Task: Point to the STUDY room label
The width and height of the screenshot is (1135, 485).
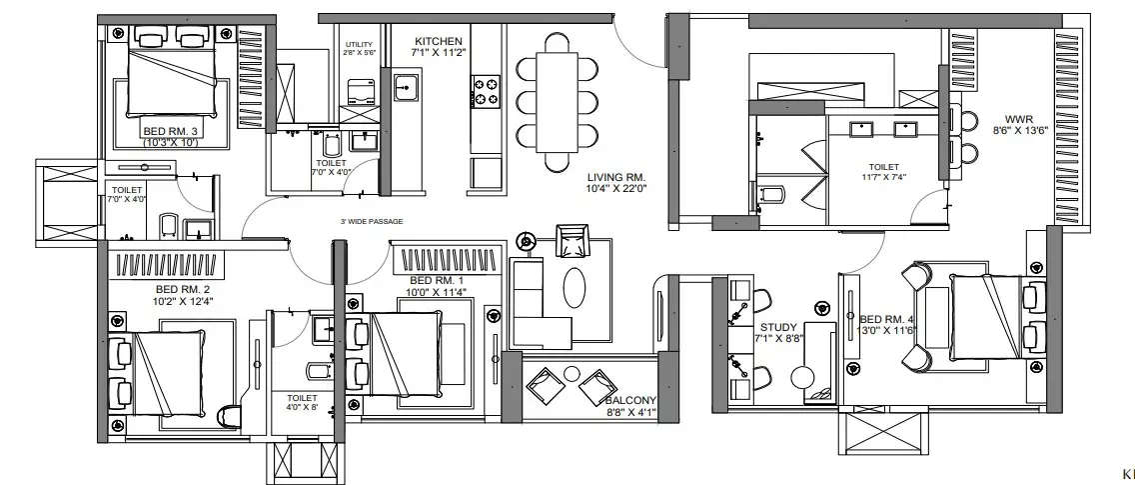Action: pyautogui.click(x=777, y=327)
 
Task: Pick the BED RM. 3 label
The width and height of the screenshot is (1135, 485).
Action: pyautogui.click(x=169, y=131)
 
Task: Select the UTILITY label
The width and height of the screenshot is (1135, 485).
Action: pyautogui.click(x=358, y=45)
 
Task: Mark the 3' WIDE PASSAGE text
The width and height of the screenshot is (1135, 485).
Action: pyautogui.click(x=372, y=221)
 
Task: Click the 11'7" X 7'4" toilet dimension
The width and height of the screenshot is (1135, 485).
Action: pyautogui.click(x=883, y=178)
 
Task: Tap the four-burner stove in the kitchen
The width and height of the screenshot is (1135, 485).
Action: pyautogui.click(x=486, y=92)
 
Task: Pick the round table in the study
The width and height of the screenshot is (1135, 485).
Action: pyautogui.click(x=804, y=379)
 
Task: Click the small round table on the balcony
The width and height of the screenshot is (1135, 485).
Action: pyautogui.click(x=570, y=375)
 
